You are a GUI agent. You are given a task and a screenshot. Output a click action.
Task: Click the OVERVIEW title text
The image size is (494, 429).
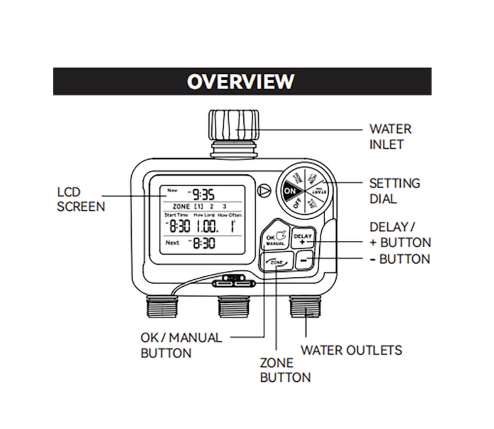point(241,82)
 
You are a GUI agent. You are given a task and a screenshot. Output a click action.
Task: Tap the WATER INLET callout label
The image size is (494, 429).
point(390,137)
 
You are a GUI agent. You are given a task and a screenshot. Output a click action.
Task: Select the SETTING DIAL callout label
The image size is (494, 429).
point(394,191)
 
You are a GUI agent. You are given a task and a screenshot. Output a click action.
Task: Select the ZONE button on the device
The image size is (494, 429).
point(276,262)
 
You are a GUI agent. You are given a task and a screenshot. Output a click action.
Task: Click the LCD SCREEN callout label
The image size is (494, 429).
point(81,199)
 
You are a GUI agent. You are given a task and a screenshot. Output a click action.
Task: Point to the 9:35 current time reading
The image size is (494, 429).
point(203,194)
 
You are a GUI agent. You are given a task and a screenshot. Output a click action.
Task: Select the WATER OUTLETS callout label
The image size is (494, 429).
point(351,350)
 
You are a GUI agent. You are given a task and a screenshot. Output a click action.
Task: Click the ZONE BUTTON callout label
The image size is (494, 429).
point(285,370)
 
